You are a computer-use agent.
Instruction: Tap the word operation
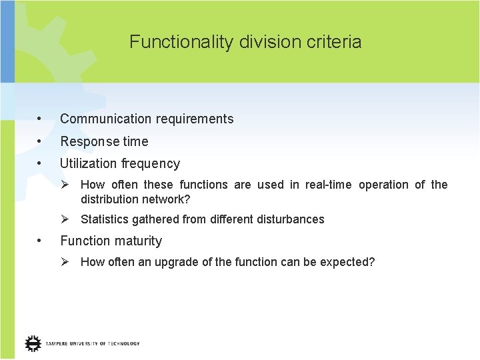pos(383,185)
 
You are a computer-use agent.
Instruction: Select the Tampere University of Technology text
pos(93,343)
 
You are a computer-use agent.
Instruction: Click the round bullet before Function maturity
pos(41,241)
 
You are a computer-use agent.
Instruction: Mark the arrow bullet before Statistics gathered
pos(66,219)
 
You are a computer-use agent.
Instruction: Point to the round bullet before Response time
pos(41,141)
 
